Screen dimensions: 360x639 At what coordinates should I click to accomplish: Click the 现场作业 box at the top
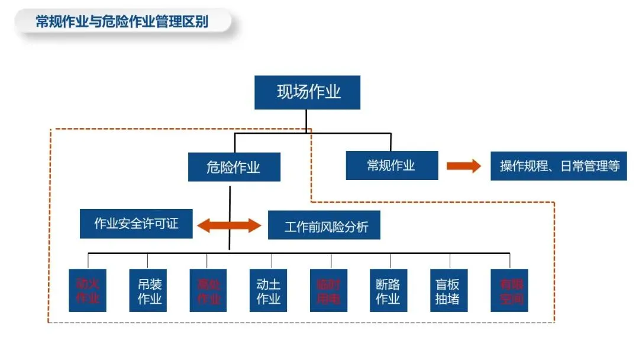click(x=307, y=92)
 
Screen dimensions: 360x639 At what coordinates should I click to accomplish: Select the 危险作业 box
click(x=234, y=167)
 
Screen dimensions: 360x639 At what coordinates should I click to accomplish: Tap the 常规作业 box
click(x=392, y=165)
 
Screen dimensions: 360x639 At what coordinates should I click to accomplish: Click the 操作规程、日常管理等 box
click(x=559, y=166)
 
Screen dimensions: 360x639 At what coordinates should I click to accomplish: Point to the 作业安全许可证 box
click(x=136, y=224)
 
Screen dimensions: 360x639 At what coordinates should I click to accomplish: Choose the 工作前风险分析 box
click(x=324, y=225)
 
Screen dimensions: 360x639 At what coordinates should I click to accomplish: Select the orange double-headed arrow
click(x=229, y=225)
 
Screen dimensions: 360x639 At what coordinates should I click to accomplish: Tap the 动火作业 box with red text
click(x=88, y=290)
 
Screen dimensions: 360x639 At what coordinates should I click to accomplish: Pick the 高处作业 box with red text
click(x=208, y=290)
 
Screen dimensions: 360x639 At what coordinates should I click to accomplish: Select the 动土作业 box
click(x=269, y=290)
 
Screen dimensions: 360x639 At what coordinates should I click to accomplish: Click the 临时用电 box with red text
click(x=328, y=290)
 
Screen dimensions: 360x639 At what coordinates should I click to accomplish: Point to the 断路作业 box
click(x=388, y=290)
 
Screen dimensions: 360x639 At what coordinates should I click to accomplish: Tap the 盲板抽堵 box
click(x=447, y=290)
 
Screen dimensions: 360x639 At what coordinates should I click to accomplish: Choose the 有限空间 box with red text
click(x=509, y=290)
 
